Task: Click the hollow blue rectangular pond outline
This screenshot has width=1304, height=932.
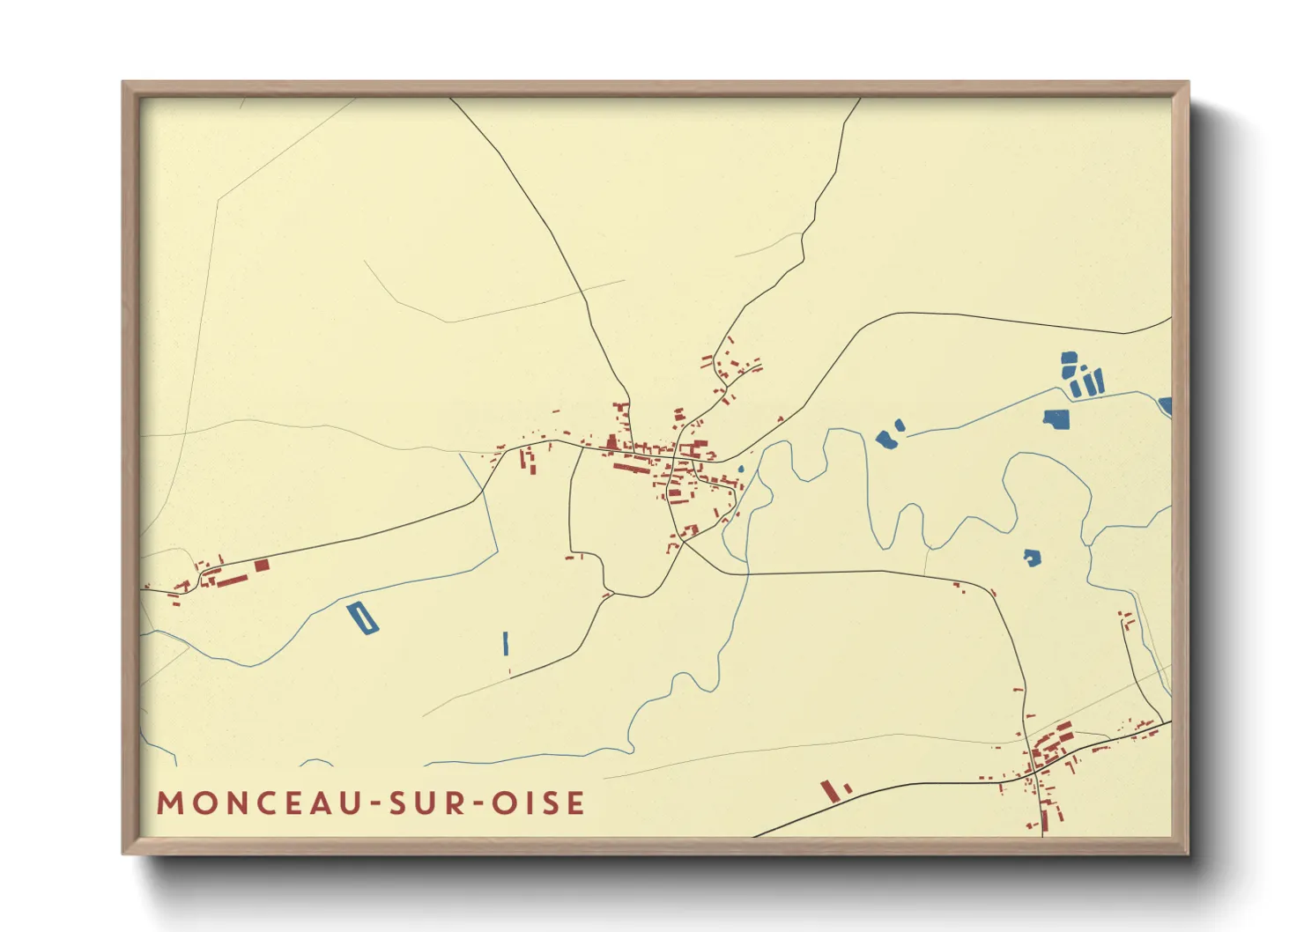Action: (361, 618)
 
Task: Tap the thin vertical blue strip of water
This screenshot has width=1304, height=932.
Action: (506, 643)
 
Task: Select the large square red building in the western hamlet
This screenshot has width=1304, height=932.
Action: (262, 566)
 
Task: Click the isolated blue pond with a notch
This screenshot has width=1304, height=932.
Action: (1032, 557)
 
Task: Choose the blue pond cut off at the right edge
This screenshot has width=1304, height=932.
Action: (1166, 405)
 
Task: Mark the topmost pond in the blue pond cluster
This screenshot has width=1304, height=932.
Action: (1069, 359)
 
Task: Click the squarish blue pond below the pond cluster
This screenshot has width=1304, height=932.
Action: (1056, 418)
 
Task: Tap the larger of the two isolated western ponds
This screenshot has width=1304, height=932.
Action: (885, 439)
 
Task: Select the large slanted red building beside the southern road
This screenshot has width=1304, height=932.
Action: (828, 790)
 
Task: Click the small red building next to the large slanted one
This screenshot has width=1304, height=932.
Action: (848, 788)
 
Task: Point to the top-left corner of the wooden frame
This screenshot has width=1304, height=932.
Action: (125, 84)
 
